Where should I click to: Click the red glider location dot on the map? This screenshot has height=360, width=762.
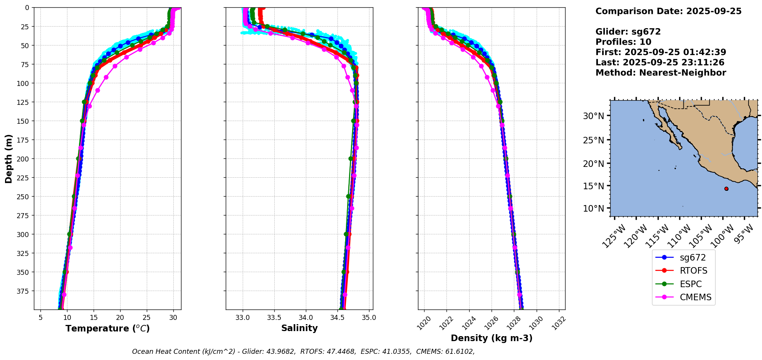(726, 188)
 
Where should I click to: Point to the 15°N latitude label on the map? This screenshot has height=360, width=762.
(593, 186)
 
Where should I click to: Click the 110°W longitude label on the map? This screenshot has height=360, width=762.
(681, 236)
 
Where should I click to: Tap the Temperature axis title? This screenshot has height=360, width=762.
(107, 328)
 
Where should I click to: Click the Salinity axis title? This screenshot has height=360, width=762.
(299, 328)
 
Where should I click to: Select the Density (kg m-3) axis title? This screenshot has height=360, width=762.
(492, 338)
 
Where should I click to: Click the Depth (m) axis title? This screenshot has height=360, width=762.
(8, 158)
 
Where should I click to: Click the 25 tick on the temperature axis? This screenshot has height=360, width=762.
(147, 318)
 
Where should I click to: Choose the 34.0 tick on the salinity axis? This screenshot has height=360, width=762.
(305, 318)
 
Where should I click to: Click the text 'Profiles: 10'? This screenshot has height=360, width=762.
(623, 42)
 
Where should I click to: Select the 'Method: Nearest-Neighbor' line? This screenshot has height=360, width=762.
(660, 72)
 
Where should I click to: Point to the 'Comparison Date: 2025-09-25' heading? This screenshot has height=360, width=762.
(668, 11)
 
